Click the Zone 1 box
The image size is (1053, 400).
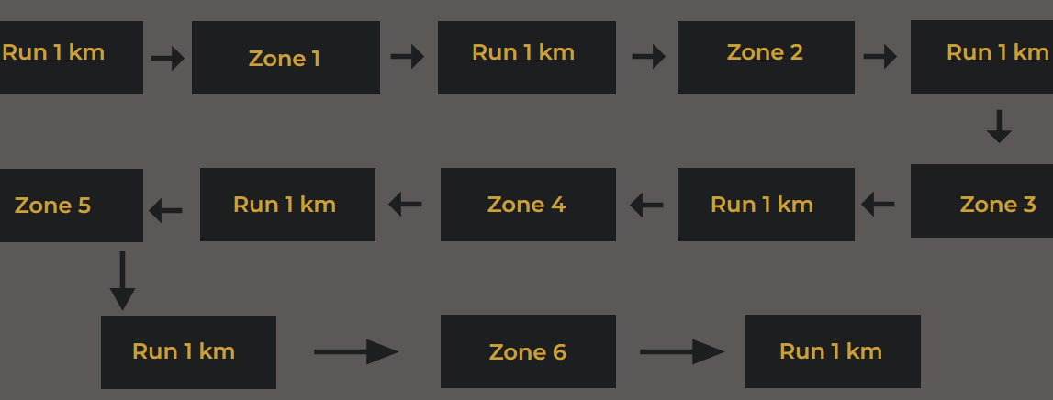[x=286, y=58]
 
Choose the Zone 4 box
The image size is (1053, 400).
[x=528, y=205]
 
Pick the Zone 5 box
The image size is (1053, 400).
[x=71, y=206]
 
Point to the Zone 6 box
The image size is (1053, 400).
[x=528, y=351]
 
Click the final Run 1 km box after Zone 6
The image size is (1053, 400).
[x=833, y=351]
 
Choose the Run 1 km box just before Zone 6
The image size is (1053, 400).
[x=188, y=352]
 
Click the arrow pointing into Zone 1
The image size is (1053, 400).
[x=168, y=59]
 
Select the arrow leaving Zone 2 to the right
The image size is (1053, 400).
[x=880, y=57]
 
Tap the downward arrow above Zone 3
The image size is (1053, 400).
[x=999, y=127]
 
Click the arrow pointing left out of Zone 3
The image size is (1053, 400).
[x=879, y=205]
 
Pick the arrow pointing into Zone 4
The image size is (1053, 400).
[x=646, y=205]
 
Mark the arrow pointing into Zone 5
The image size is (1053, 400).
[x=166, y=211]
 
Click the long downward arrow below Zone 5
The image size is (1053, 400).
[x=122, y=281]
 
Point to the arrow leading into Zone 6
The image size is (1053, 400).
[x=356, y=351]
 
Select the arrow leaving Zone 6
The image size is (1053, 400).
[x=682, y=351]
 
